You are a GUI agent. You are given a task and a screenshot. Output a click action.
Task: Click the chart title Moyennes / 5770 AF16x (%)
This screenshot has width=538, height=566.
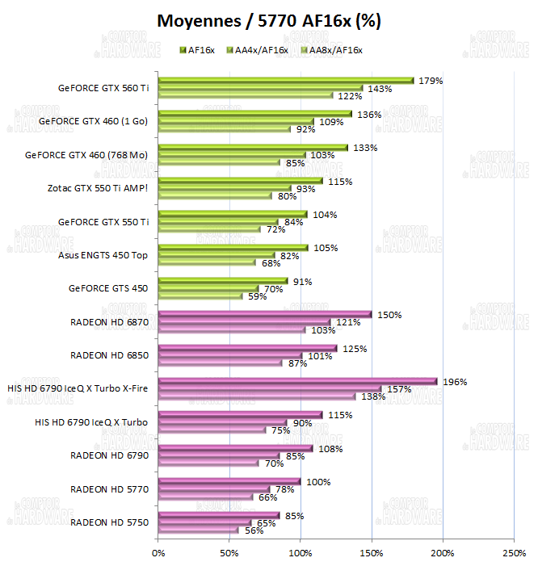pyautogui.click(x=268, y=21)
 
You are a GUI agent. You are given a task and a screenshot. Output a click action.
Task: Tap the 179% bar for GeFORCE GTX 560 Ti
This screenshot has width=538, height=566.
pyautogui.click(x=286, y=81)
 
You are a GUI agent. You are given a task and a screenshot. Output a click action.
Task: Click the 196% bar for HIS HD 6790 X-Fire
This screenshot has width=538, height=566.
pyautogui.click(x=297, y=381)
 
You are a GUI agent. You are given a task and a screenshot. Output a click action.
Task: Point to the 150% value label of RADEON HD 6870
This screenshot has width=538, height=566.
pyautogui.click(x=389, y=315)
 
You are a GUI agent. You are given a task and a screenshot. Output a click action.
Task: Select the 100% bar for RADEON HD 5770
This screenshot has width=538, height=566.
pyautogui.click(x=229, y=481)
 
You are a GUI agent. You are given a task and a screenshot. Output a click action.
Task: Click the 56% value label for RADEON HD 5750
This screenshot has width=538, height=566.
pyautogui.click(x=254, y=530)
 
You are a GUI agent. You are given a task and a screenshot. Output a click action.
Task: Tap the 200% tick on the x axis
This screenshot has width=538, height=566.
pyautogui.click(x=443, y=553)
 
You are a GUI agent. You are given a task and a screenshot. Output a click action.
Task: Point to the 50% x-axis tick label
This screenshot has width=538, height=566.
pyautogui.click(x=229, y=553)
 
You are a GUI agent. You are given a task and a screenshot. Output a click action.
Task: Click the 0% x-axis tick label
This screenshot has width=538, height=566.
pyautogui.click(x=158, y=553)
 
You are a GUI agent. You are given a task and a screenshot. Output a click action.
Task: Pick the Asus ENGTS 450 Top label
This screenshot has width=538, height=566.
pyautogui.click(x=103, y=255)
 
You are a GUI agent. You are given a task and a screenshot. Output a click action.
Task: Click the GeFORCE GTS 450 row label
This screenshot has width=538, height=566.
pyautogui.click(x=108, y=288)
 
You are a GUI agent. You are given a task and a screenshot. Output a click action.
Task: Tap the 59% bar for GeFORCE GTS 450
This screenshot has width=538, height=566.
pyautogui.click(x=200, y=296)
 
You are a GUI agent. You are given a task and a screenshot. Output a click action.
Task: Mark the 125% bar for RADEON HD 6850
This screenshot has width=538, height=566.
pyautogui.click(x=247, y=348)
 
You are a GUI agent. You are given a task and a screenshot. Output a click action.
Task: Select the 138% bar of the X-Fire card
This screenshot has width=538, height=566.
pyautogui.click(x=257, y=396)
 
